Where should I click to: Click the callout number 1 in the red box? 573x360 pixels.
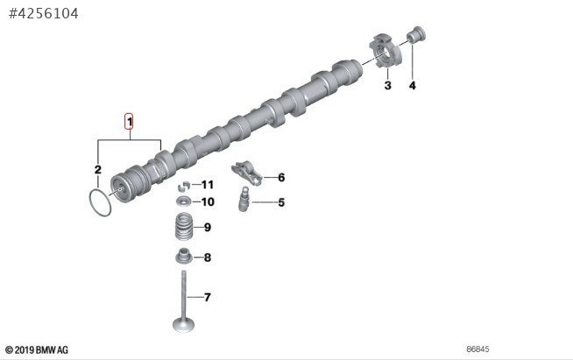coord(129,122)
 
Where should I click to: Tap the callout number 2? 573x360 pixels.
coord(98,170)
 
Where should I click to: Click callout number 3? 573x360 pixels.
coord(388,86)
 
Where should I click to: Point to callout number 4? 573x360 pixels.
coord(412,86)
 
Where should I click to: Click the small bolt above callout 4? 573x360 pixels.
coord(416,35)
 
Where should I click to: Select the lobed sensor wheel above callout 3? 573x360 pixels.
coord(386,51)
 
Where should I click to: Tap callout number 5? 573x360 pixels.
coord(281,202)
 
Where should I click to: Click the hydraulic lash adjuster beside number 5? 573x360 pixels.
coord(244,199)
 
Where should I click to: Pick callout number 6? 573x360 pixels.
coord(281,178)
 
